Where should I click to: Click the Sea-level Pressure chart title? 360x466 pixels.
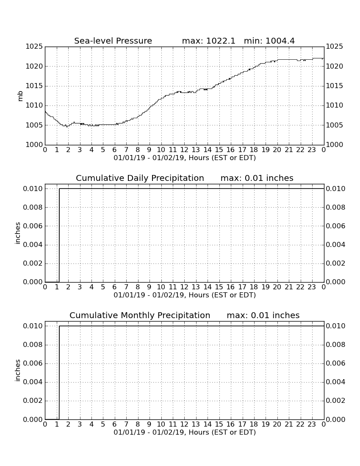(x=113, y=41)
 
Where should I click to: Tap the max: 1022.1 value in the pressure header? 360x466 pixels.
(x=208, y=41)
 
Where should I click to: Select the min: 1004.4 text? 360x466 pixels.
(x=269, y=41)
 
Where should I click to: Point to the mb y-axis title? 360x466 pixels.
(x=20, y=96)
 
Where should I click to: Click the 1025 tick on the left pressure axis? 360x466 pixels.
(x=34, y=46)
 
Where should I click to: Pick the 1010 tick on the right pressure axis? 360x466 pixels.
(x=335, y=105)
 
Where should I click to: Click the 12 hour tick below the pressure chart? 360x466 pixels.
(x=184, y=150)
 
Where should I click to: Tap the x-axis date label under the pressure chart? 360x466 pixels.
(x=185, y=158)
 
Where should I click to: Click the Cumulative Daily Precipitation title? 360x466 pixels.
(x=140, y=178)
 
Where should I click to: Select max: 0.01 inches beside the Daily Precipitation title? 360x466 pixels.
(x=257, y=178)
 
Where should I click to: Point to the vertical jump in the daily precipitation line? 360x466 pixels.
(x=59, y=235)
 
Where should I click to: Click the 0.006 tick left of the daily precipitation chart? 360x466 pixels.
(x=33, y=226)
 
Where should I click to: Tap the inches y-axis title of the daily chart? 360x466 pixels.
(x=17, y=233)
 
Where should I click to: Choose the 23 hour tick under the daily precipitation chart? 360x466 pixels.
(x=312, y=287)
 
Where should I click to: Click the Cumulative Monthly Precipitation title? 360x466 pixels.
(x=140, y=315)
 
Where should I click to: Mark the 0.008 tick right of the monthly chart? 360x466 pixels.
(x=335, y=345)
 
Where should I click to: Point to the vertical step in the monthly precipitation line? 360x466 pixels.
(x=59, y=372)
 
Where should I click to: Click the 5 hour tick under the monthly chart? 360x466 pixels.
(x=103, y=424)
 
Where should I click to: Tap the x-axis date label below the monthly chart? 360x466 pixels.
(x=185, y=433)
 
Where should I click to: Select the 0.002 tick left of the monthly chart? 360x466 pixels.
(x=33, y=401)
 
